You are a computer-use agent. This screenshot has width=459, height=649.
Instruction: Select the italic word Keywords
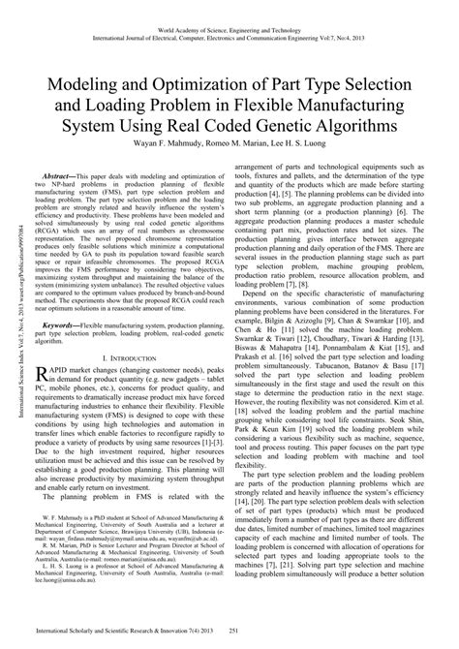tap(67, 327)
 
